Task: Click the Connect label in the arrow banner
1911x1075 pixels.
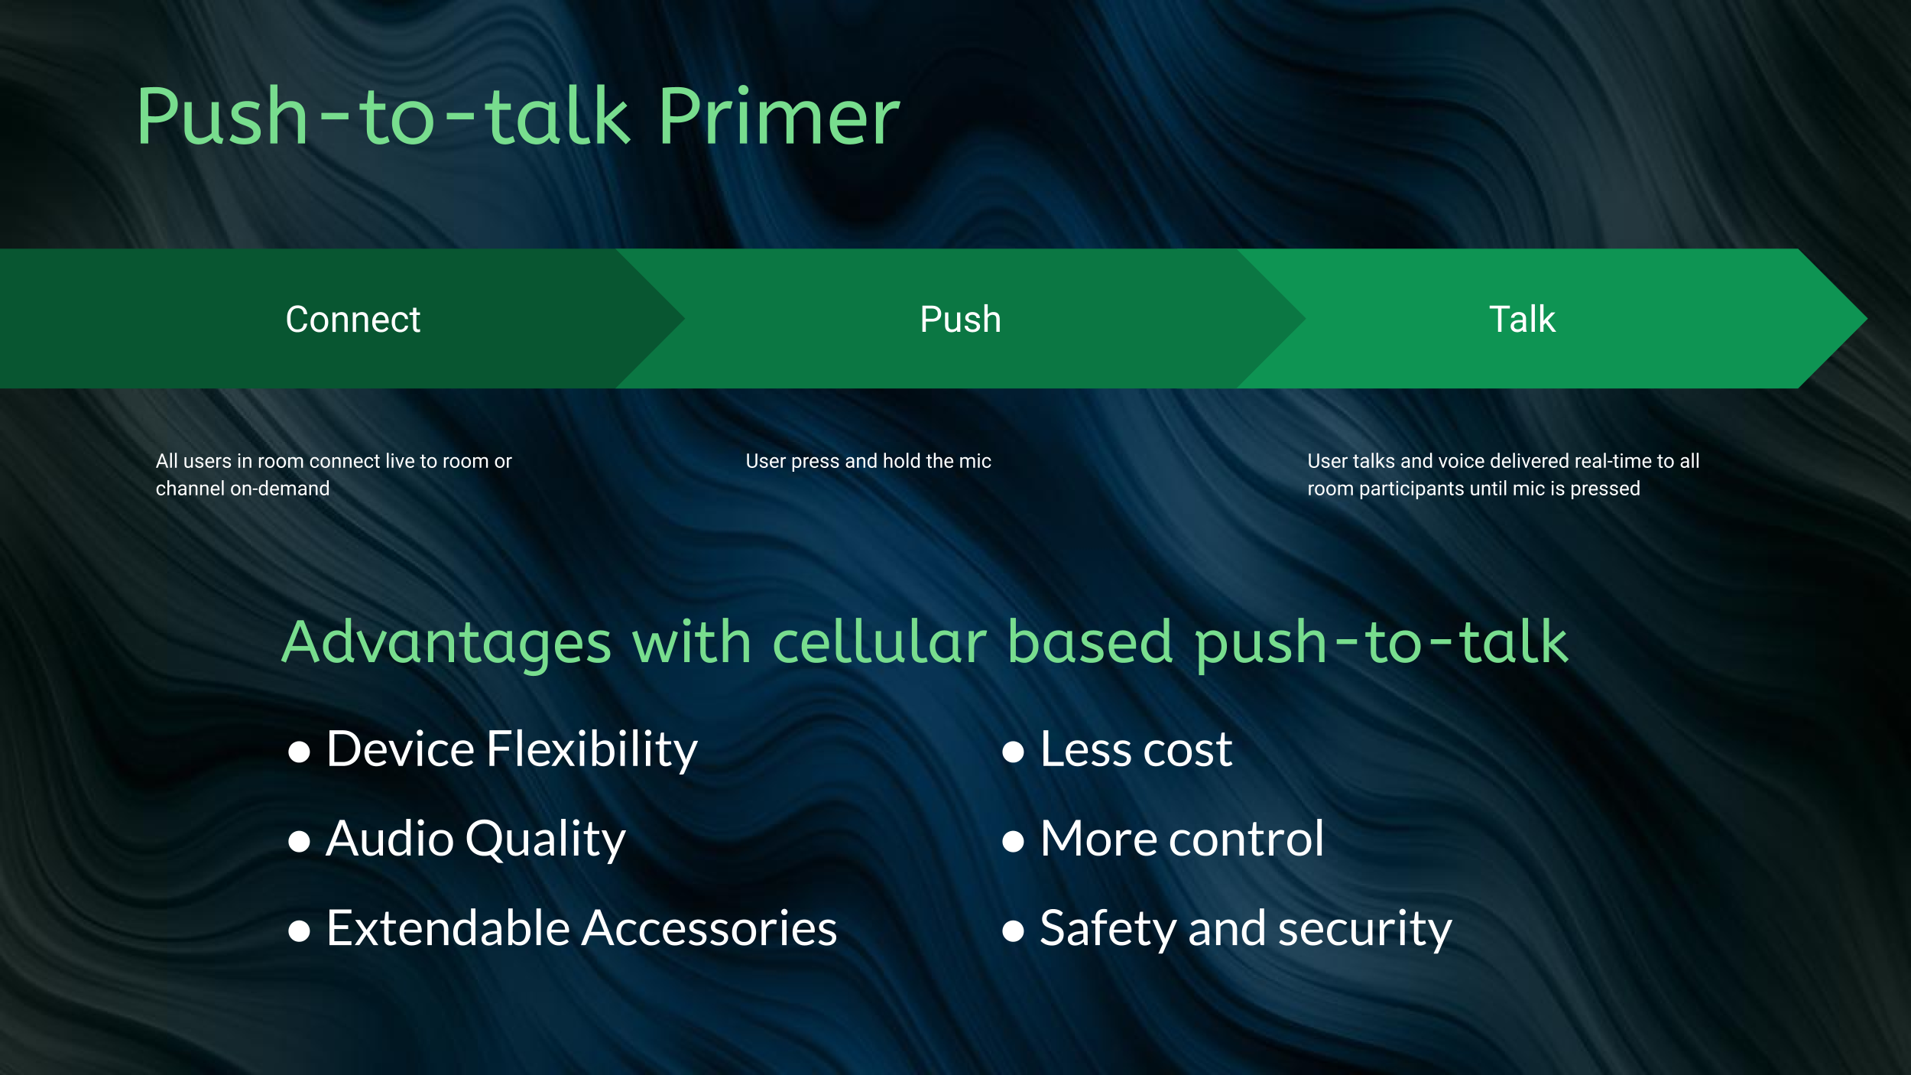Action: [353, 319]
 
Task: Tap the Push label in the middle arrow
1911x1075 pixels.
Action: [961, 319]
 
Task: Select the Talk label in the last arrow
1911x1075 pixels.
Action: [1522, 319]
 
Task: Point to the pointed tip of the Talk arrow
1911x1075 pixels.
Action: [1866, 319]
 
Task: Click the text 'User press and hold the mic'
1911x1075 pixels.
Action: [868, 461]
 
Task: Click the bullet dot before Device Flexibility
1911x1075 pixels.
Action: [299, 752]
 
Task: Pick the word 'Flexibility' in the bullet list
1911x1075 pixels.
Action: [592, 749]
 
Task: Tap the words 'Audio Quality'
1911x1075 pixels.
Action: [475, 839]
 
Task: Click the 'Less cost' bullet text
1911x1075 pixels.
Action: [1136, 749]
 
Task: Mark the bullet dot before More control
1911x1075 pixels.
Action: [1013, 842]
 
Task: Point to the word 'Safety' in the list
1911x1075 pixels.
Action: [1108, 930]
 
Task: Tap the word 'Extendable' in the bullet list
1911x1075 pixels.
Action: [449, 928]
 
